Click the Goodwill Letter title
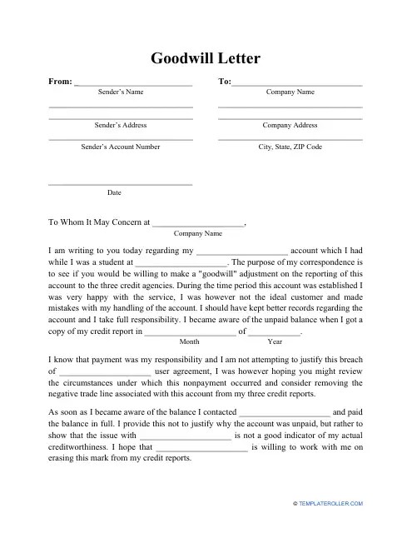tap(206, 58)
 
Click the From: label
tap(60, 82)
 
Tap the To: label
tap(224, 82)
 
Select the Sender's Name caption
tap(120, 92)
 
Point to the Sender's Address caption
tap(120, 125)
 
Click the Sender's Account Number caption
tap(120, 146)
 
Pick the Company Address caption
tap(290, 125)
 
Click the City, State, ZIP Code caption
tap(290, 146)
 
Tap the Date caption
tap(114, 192)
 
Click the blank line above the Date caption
tap(120, 184)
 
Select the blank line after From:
tap(133, 85)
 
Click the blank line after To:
tap(297, 85)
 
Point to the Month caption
tap(190, 341)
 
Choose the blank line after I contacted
tap(285, 414)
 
